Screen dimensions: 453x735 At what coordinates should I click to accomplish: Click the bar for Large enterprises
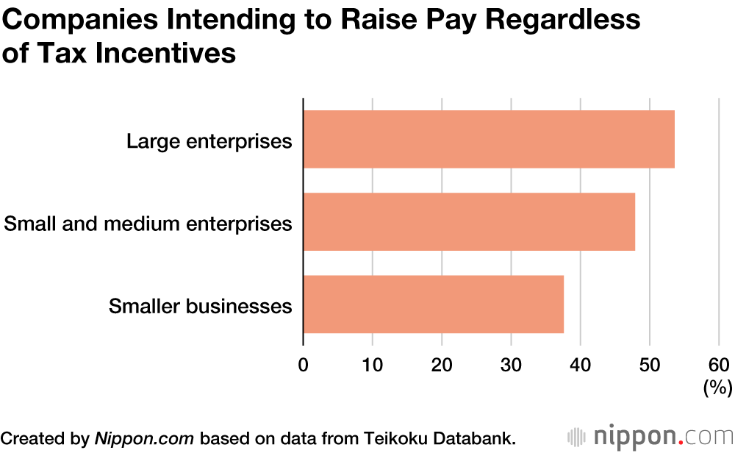[489, 139]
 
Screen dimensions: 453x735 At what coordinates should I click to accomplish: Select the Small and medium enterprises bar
[469, 221]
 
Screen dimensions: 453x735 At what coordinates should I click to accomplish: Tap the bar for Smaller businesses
[434, 304]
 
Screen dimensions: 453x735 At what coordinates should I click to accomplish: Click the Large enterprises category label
[209, 140]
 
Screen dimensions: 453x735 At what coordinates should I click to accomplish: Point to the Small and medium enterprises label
[148, 223]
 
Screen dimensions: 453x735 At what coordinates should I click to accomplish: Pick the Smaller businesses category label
[201, 306]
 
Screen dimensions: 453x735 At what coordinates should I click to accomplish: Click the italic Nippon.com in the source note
[144, 438]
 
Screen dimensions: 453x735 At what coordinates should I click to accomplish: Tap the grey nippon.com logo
[650, 436]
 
